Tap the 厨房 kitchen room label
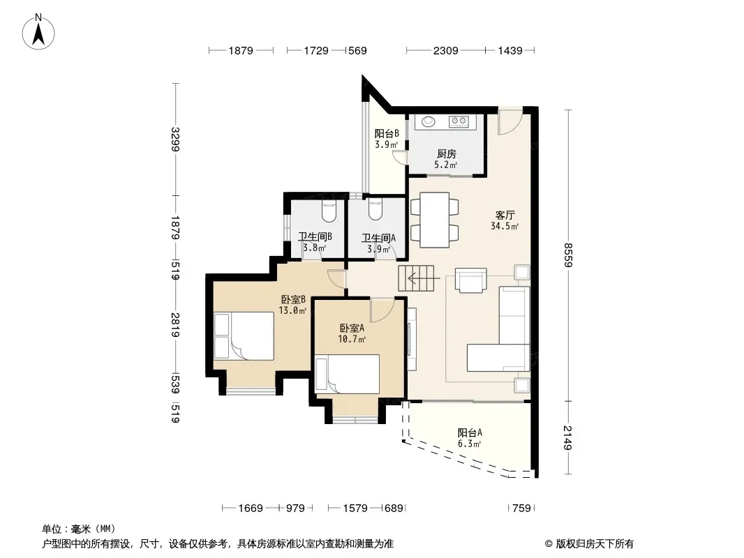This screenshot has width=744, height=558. [x=447, y=154]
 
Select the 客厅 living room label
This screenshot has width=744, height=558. [x=505, y=216]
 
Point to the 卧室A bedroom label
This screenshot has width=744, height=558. [x=352, y=328]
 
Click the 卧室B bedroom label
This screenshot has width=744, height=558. [x=293, y=300]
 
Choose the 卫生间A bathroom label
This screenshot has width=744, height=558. [x=379, y=238]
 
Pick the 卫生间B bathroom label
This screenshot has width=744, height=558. [x=315, y=236]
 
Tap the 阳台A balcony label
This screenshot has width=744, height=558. [x=470, y=432]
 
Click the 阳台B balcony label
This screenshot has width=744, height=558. [x=387, y=134]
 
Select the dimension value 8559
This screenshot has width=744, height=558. [x=568, y=255]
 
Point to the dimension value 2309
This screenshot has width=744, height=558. [x=445, y=51]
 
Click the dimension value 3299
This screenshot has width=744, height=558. [x=175, y=139]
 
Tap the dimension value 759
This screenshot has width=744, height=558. [x=521, y=508]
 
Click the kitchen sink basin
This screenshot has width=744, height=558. [x=429, y=122]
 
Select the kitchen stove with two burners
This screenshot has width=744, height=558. [x=459, y=122]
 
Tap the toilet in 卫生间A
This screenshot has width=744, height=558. [x=375, y=210]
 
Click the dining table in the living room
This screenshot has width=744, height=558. [x=435, y=220]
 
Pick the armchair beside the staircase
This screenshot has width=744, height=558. [x=470, y=280]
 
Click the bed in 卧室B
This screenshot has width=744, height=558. [x=244, y=336]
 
